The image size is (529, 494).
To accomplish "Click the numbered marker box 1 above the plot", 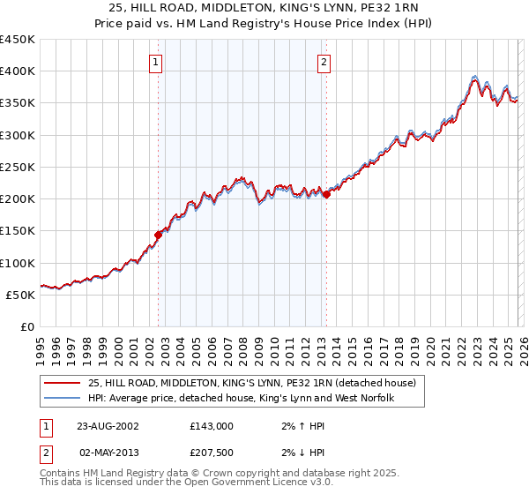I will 155,62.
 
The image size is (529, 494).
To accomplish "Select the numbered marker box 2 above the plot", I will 324,62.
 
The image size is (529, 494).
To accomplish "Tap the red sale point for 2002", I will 159,235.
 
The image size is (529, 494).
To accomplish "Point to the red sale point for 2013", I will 326,194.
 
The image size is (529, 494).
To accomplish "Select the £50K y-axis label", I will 20,295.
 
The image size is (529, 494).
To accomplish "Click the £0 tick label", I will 26,326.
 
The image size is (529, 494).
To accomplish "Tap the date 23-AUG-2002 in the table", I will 108,425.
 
